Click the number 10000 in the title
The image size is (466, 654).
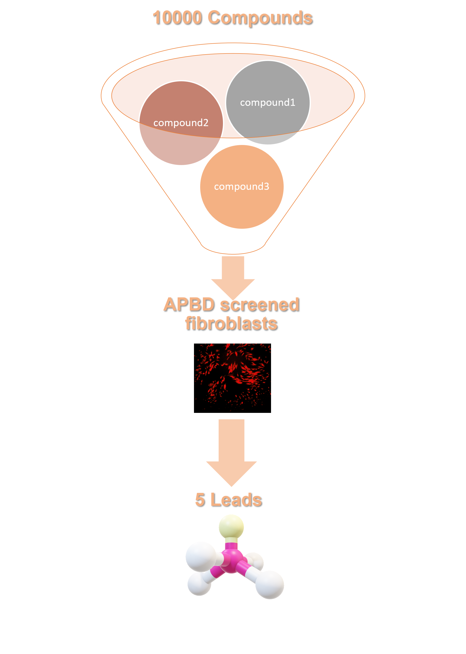click(177, 18)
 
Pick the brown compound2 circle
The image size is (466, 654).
click(181, 143)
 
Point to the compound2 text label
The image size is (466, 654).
click(181, 123)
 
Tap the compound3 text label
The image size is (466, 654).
click(242, 187)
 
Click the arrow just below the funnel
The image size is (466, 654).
click(233, 273)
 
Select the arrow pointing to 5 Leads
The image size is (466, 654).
click(231, 451)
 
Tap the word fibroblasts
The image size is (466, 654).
click(231, 323)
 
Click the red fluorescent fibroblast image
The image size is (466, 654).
click(232, 376)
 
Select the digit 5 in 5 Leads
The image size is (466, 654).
click(200, 500)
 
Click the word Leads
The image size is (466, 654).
click(236, 500)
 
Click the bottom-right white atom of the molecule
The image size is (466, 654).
click(270, 585)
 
